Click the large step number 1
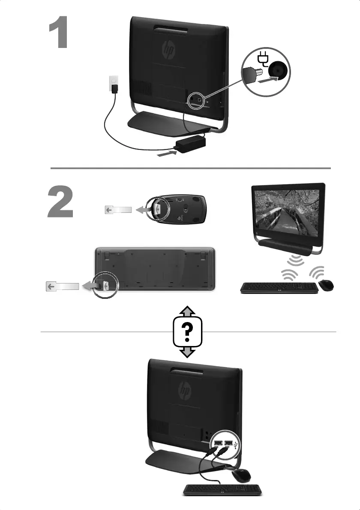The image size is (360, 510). tap(59, 33)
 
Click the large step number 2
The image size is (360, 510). tap(60, 202)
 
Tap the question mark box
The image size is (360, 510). tap(187, 332)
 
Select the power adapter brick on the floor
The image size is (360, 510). tap(191, 145)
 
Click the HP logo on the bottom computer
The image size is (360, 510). tap(185, 390)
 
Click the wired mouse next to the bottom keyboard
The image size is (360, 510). tap(241, 475)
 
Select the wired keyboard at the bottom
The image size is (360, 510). tap(222, 490)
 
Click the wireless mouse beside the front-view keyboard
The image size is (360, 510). tap(326, 286)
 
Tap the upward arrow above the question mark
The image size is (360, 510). tap(187, 312)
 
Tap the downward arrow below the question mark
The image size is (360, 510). tap(187, 352)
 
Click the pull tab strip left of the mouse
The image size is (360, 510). tap(118, 210)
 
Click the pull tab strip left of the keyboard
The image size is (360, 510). tap(62, 286)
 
